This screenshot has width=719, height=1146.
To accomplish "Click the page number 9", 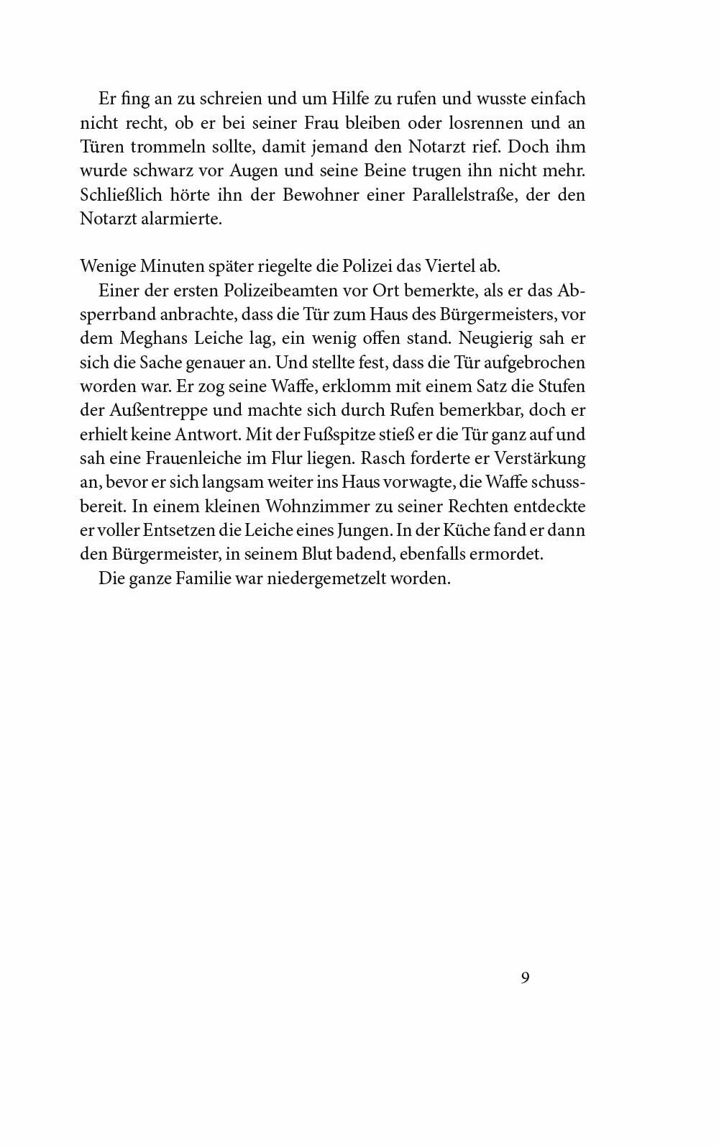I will coord(525,978).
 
